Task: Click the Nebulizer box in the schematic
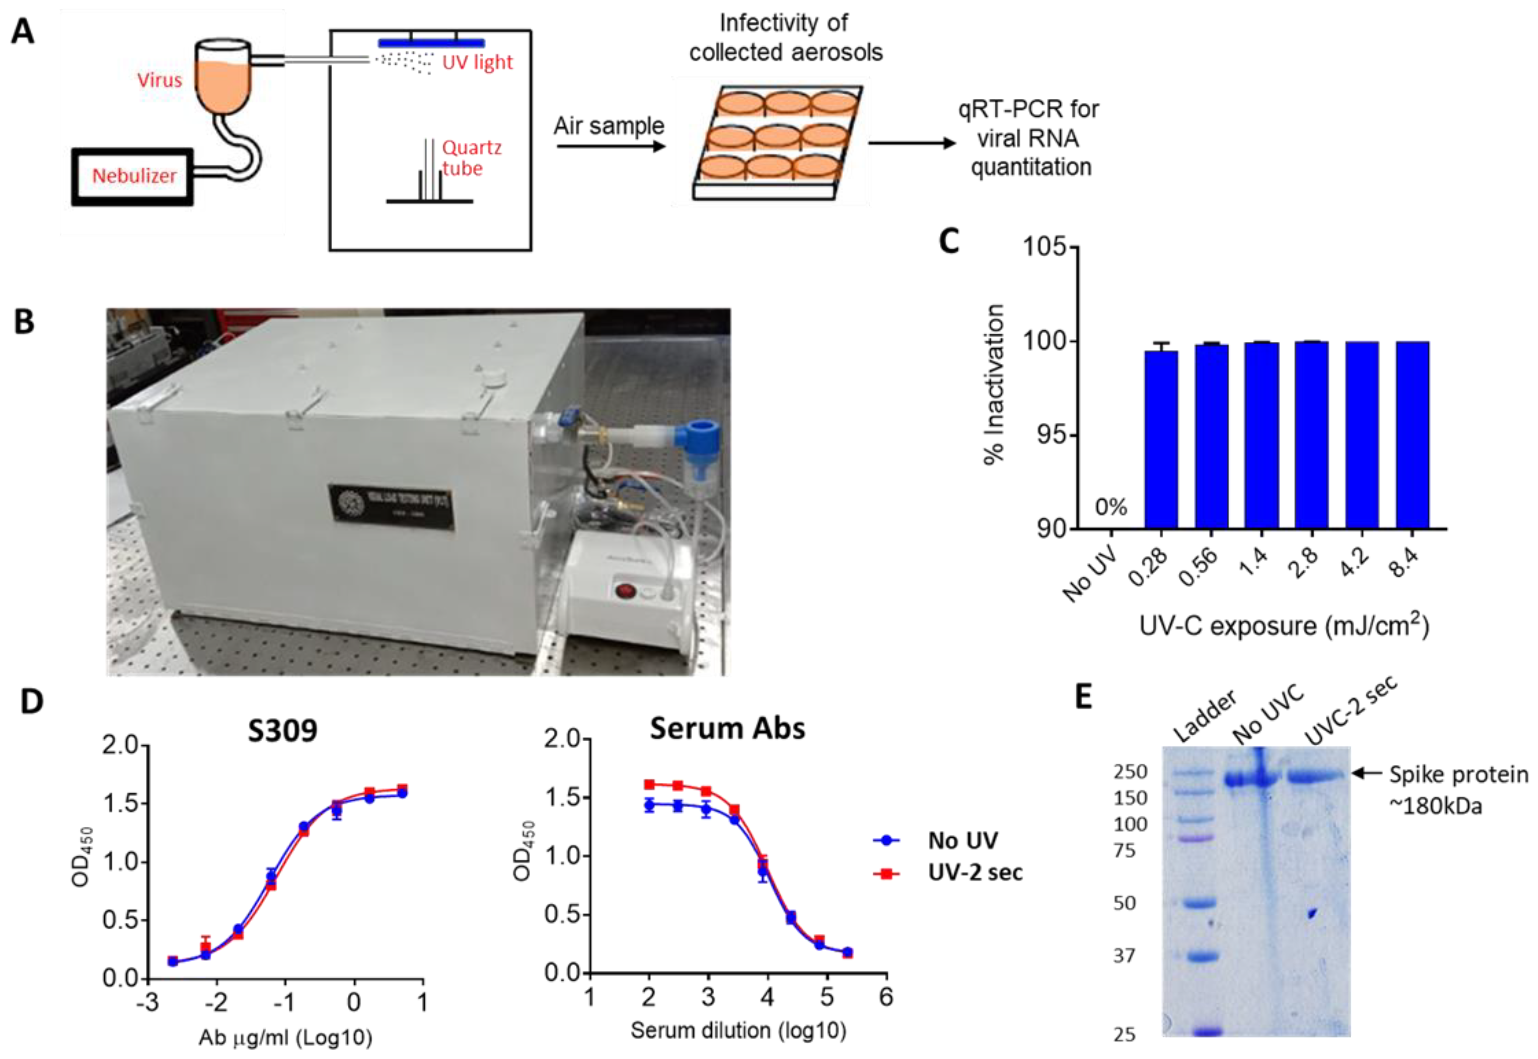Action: (x=133, y=176)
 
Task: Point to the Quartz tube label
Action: (x=471, y=158)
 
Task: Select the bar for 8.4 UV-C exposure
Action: (x=1412, y=434)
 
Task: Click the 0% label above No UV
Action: (x=1111, y=508)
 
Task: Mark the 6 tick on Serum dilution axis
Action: (x=886, y=997)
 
